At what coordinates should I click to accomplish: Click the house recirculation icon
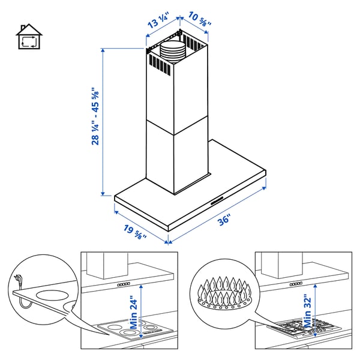pos(29,37)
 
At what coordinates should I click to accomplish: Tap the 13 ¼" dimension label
pos(158,21)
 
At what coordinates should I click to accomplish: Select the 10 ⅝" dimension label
pos(200,19)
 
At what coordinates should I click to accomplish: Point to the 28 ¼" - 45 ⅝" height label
pos(95,116)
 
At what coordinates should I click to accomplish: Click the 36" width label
pos(224,220)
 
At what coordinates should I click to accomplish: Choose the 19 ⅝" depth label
pos(135,232)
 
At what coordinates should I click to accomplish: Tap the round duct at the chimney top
pos(172,53)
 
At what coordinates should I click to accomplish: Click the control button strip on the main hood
pos(217,200)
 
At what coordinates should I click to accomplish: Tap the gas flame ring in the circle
pos(225,293)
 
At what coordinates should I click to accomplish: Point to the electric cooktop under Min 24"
pos(136,329)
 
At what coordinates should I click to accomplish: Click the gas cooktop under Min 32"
pos(305,328)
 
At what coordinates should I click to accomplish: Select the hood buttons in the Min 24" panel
pos(124,284)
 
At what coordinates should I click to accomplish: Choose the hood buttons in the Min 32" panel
pos(296,284)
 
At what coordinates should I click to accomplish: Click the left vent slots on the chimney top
pos(160,64)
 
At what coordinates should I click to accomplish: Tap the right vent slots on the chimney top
pos(193,43)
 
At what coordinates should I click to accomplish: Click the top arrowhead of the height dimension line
pos(103,50)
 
